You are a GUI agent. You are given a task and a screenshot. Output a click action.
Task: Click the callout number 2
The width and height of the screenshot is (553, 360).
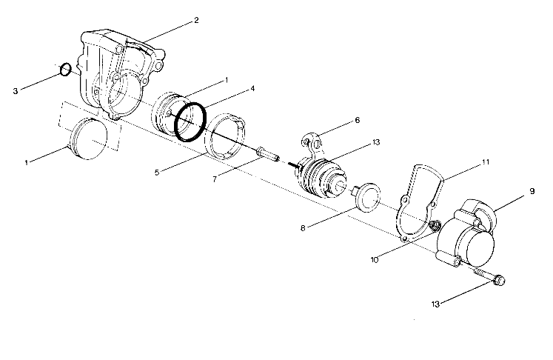pyautogui.click(x=196, y=19)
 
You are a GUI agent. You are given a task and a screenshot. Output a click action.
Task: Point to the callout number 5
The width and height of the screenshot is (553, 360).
pyautogui.click(x=157, y=173)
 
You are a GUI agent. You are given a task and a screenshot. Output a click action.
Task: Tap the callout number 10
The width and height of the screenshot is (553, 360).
pyautogui.click(x=373, y=260)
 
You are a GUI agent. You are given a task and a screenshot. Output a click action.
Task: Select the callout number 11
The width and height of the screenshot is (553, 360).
pyautogui.click(x=486, y=161)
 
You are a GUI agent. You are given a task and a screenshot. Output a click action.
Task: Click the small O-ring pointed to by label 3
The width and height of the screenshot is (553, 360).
pyautogui.click(x=65, y=70)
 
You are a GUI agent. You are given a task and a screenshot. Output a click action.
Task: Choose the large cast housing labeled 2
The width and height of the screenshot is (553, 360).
pyautogui.click(x=122, y=74)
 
